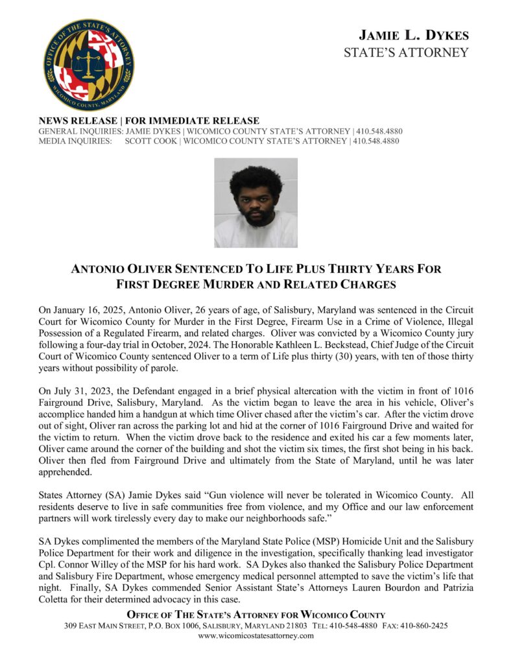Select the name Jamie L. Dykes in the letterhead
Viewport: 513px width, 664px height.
pos(414,35)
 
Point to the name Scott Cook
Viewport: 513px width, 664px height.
pos(149,141)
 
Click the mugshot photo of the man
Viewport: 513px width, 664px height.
pos(256,202)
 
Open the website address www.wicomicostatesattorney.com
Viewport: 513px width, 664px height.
pos(256,636)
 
